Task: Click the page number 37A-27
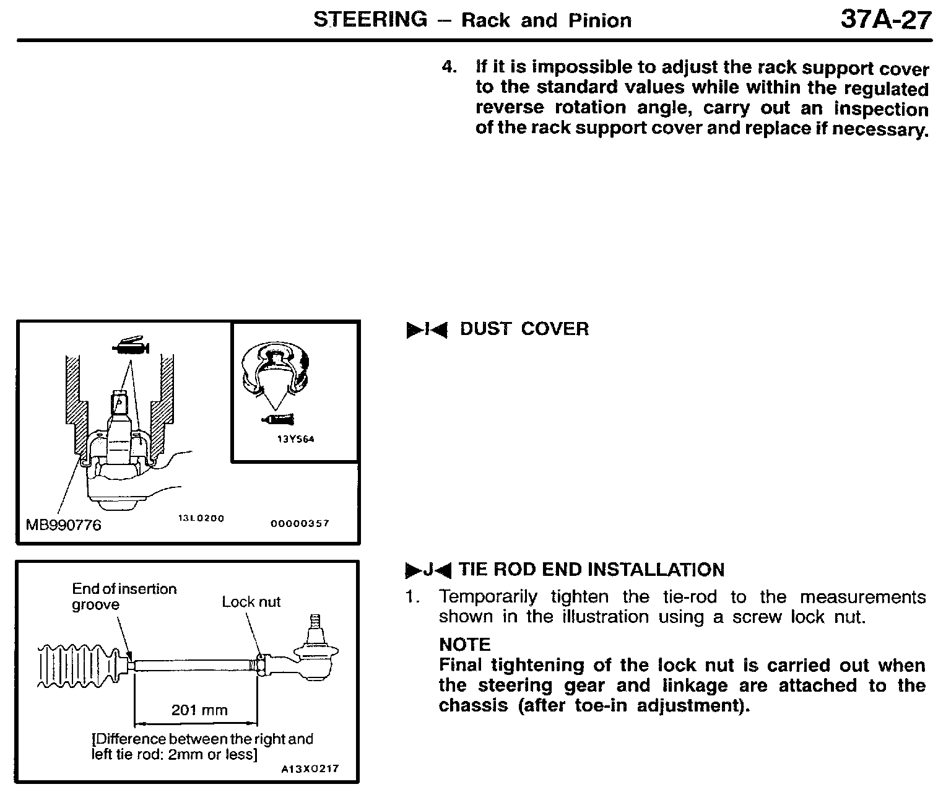click(x=885, y=20)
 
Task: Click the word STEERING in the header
click(x=370, y=20)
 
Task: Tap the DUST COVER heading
click(x=524, y=329)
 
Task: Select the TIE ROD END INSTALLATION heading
click(x=591, y=570)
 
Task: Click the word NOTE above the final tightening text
click(x=464, y=645)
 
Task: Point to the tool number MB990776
click(x=63, y=525)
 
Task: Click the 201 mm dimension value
click(x=199, y=710)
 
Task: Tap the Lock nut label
click(x=251, y=602)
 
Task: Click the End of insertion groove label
click(x=124, y=596)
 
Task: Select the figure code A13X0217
click(x=310, y=769)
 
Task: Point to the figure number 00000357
click(x=300, y=523)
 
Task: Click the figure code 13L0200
click(x=201, y=518)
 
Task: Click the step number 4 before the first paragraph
click(x=448, y=67)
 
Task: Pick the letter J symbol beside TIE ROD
click(x=428, y=570)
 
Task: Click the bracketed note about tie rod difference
click(x=202, y=747)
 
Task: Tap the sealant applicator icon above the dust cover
click(x=131, y=347)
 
